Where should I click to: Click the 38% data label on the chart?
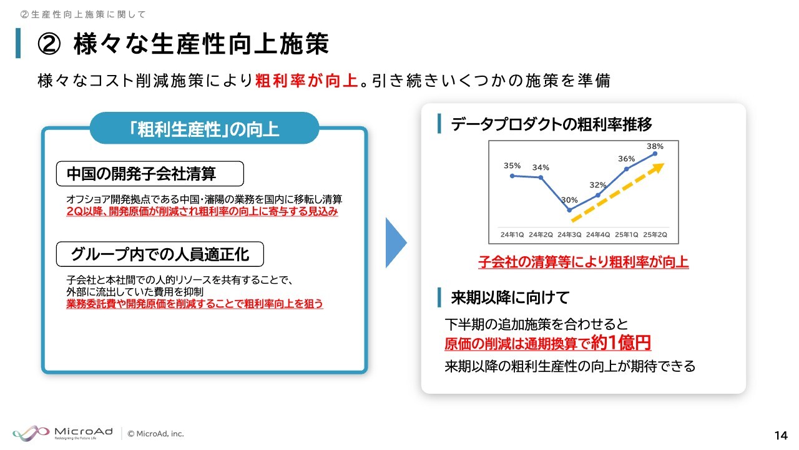tap(655, 146)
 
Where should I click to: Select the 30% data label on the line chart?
tap(569, 200)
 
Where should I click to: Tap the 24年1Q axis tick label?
tap(512, 234)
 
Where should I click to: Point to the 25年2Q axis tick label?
tap(655, 234)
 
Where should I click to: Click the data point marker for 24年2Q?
tap(541, 177)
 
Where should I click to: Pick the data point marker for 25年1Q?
tap(626, 169)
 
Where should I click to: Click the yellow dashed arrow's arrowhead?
tap(658, 168)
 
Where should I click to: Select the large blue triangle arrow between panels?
tap(396, 243)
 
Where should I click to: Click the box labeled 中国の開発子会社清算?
tap(150, 174)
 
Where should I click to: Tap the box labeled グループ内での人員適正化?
tap(160, 254)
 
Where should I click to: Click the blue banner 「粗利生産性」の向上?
tap(204, 128)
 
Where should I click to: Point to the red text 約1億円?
tap(621, 342)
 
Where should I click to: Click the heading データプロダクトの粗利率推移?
tap(551, 124)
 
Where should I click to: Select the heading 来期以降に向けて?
tap(510, 297)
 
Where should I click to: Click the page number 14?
tap(781, 436)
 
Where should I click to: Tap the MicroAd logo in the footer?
tap(63, 434)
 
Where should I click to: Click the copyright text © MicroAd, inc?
tap(156, 434)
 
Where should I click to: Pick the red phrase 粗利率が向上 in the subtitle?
tap(306, 81)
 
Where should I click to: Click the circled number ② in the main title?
tap(49, 44)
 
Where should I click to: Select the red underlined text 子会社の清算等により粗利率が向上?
tap(584, 262)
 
